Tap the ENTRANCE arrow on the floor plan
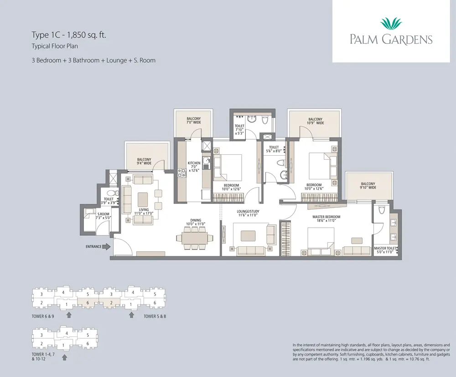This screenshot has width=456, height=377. point(106,247)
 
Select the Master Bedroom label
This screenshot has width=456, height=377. point(324,218)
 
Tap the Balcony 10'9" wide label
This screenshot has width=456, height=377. point(315,121)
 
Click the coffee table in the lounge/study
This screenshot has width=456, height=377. point(249,235)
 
